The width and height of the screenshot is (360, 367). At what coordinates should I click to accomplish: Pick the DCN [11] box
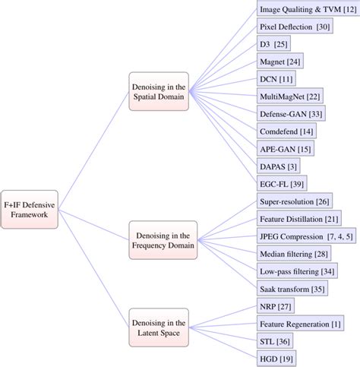[276, 79]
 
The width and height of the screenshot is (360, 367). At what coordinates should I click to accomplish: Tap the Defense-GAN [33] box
[292, 113]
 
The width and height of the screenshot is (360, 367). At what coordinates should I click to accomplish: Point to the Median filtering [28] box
[293, 253]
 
